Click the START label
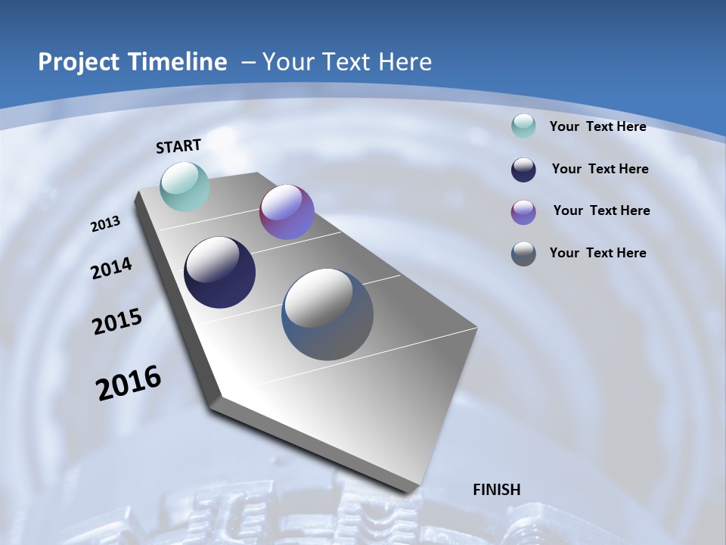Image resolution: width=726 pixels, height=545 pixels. point(178,146)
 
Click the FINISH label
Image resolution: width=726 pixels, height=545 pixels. point(497,490)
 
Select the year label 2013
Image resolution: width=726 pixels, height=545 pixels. point(106,224)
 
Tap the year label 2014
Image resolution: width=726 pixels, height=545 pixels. point(111,268)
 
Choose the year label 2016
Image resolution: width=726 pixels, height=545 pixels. point(129,383)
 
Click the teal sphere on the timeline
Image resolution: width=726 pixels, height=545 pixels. point(185,186)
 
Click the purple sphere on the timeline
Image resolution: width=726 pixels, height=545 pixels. point(287,212)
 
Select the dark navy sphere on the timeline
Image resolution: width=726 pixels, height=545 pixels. point(219,272)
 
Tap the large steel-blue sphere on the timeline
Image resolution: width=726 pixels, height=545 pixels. point(327,314)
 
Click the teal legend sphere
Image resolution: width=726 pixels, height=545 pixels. point(523,126)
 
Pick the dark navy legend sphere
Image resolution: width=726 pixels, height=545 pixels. point(523,170)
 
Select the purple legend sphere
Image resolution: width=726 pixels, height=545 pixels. point(523,212)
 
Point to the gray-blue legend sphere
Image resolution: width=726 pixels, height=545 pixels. point(523,254)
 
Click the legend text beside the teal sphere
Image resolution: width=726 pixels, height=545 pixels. point(597,126)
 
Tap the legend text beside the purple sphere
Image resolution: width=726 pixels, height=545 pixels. point(601,210)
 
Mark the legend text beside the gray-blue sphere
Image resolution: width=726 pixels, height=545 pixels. point(597,253)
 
